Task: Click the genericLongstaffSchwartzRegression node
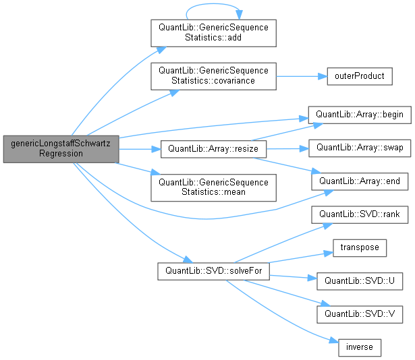pos(60,148)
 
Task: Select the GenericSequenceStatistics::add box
pos(213,33)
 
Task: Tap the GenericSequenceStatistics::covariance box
pos(213,76)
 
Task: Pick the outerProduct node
pos(359,76)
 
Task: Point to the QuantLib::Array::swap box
pos(359,147)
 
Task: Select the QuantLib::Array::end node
pos(359,181)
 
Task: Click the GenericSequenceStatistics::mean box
pos(213,187)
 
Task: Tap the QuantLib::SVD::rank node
pos(359,214)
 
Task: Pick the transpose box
pos(359,247)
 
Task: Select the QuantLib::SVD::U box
pos(359,280)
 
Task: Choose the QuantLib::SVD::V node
pos(359,313)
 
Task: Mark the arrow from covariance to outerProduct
pos(300,76)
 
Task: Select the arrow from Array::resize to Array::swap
pos(287,147)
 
